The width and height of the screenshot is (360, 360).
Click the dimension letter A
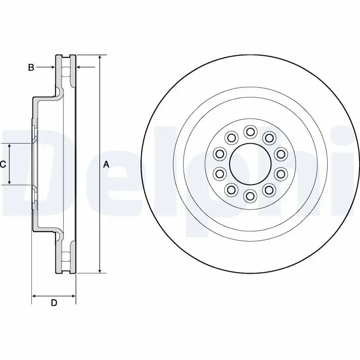106,165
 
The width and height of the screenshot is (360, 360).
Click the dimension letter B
31,67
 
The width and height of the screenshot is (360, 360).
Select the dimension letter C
3,165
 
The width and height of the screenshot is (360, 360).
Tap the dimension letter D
54,303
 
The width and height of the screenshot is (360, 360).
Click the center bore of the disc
250,164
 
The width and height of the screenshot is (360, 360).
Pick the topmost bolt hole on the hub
250,132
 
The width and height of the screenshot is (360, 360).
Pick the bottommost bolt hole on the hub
250,196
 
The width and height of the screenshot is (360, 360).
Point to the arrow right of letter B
51,67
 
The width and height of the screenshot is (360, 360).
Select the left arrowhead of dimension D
34,296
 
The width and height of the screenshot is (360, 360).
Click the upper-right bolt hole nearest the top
269,137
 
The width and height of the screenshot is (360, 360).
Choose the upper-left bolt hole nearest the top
231,137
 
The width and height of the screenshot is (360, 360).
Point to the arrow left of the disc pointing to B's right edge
80,67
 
